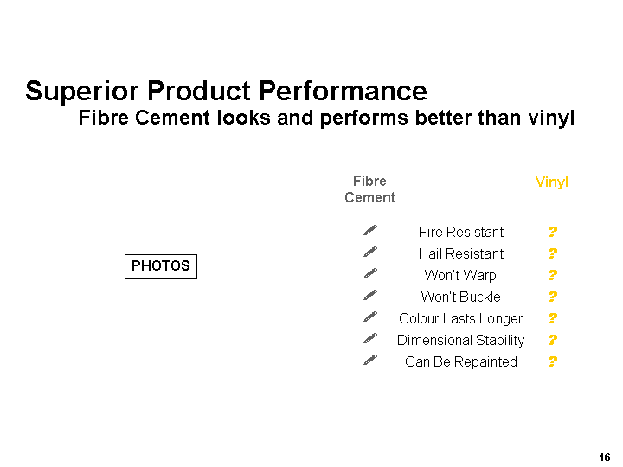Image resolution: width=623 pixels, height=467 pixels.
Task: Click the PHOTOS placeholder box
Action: [161, 266]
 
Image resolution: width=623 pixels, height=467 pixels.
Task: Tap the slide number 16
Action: [604, 457]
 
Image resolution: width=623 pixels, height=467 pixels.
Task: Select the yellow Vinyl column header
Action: [552, 182]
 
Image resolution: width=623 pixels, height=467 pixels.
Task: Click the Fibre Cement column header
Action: [370, 189]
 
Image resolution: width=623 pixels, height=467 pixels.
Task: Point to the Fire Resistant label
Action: [461, 232]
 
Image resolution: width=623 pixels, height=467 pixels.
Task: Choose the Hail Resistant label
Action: [461, 253]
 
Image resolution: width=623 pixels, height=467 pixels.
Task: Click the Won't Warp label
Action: [460, 275]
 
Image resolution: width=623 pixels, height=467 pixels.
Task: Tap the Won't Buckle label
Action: [461, 297]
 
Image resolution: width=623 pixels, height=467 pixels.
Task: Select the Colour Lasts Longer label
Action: [461, 318]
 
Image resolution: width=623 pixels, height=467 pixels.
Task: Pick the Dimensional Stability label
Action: [461, 341]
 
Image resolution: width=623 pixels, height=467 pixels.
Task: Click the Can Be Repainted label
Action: [461, 361]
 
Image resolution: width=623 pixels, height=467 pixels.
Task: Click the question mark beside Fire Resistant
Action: [553, 232]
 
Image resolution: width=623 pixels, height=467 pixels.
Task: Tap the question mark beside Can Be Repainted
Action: [553, 361]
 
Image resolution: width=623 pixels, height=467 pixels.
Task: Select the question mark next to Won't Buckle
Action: [553, 297]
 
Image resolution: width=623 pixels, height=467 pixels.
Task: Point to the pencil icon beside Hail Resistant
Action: [370, 252]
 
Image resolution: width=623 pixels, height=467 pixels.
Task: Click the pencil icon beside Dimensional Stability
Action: [370, 338]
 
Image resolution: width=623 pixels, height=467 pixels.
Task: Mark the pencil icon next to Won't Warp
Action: [370, 273]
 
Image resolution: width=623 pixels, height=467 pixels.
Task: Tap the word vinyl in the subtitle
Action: [551, 118]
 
